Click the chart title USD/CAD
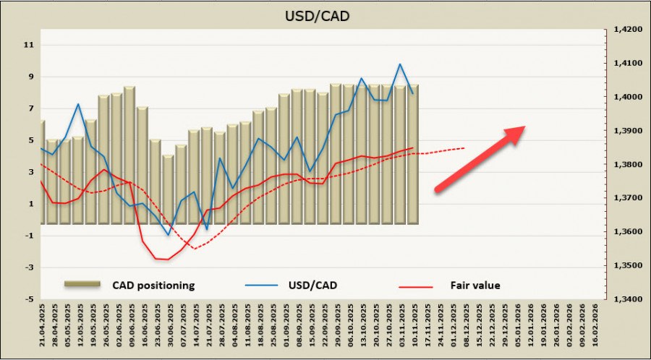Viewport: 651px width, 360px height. click(x=325, y=15)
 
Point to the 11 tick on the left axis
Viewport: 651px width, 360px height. click(x=30, y=45)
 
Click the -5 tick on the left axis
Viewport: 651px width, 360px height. click(x=29, y=299)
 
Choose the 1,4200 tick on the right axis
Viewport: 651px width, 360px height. click(x=626, y=30)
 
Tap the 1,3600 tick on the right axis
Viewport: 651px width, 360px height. click(x=626, y=231)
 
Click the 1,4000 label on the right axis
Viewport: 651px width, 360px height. click(x=626, y=97)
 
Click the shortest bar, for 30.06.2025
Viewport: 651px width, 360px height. click(x=168, y=189)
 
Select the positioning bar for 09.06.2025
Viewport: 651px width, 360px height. click(x=129, y=155)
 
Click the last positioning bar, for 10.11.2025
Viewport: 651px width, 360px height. click(x=413, y=154)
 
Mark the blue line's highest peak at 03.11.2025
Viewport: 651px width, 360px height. click(x=400, y=64)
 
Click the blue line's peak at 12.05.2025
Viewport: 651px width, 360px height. click(x=78, y=104)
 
